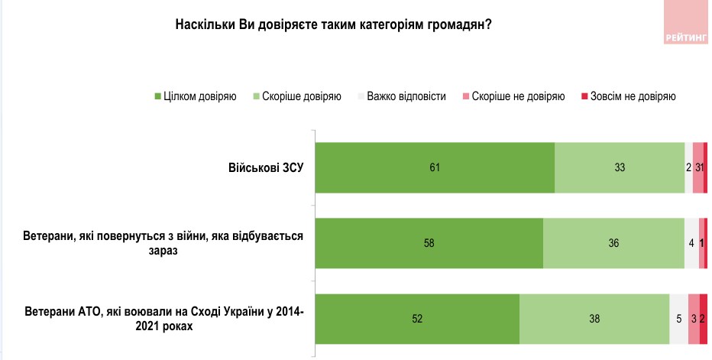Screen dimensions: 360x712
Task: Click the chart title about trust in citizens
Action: click(x=333, y=24)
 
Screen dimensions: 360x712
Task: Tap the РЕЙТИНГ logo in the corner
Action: click(x=686, y=23)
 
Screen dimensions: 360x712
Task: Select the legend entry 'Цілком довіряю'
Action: click(x=195, y=96)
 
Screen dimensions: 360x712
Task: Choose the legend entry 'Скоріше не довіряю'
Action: click(x=513, y=96)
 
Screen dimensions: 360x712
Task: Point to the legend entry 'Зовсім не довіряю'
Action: click(x=629, y=96)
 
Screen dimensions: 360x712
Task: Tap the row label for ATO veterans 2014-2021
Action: click(x=164, y=319)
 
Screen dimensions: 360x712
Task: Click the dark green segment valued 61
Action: click(x=435, y=167)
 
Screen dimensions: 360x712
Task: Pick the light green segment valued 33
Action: click(x=620, y=167)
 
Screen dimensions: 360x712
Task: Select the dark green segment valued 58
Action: click(x=429, y=243)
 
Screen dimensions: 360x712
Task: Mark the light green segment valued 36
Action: click(x=613, y=243)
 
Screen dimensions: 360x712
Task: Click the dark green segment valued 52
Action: click(x=417, y=319)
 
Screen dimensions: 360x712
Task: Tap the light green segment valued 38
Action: click(x=594, y=319)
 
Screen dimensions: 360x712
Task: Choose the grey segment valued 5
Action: click(x=678, y=319)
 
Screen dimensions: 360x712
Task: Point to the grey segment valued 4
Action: click(x=691, y=243)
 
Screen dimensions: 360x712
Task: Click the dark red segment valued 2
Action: click(x=703, y=319)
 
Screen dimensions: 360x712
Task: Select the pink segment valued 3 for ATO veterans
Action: click(x=693, y=319)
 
